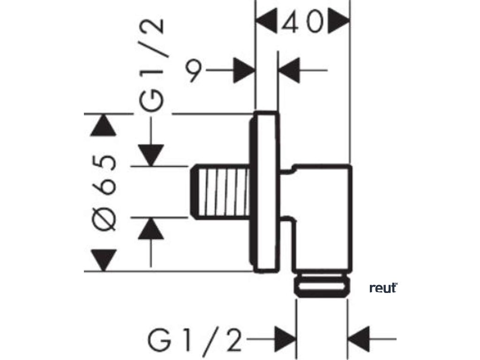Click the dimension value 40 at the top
pyautogui.click(x=303, y=21)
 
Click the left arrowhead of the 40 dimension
pyautogui.click(x=266, y=21)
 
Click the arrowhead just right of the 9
pyautogui.click(x=245, y=70)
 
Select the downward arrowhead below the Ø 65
pyautogui.click(x=104, y=260)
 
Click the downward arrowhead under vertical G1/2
pyautogui.click(x=150, y=155)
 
